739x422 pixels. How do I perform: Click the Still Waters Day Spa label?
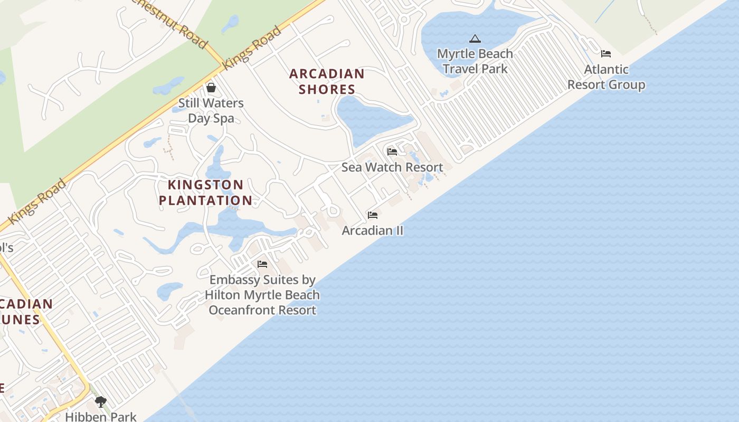[x=211, y=110]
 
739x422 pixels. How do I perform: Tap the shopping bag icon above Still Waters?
[x=211, y=87]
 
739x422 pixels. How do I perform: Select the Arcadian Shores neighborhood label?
[x=327, y=81]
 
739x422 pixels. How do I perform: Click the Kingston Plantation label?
[x=205, y=193]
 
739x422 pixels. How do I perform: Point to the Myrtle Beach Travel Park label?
[x=475, y=61]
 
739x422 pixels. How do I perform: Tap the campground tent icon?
[x=475, y=39]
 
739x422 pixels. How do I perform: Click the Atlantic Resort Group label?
[x=606, y=77]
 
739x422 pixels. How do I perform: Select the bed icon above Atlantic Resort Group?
[x=606, y=54]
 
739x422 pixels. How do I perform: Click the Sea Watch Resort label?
[x=392, y=167]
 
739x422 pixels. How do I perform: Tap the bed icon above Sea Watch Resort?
[x=392, y=152]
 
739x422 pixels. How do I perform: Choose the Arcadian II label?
[x=373, y=231]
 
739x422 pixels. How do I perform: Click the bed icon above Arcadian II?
[x=373, y=215]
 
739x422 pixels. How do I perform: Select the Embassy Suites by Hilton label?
[x=262, y=295]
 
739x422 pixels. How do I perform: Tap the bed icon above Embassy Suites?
[x=262, y=264]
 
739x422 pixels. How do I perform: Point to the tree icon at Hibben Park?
[x=100, y=402]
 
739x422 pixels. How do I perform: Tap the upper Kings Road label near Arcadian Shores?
[x=253, y=47]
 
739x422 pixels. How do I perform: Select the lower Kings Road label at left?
[x=37, y=201]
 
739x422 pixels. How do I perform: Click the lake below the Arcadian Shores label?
[x=369, y=119]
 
